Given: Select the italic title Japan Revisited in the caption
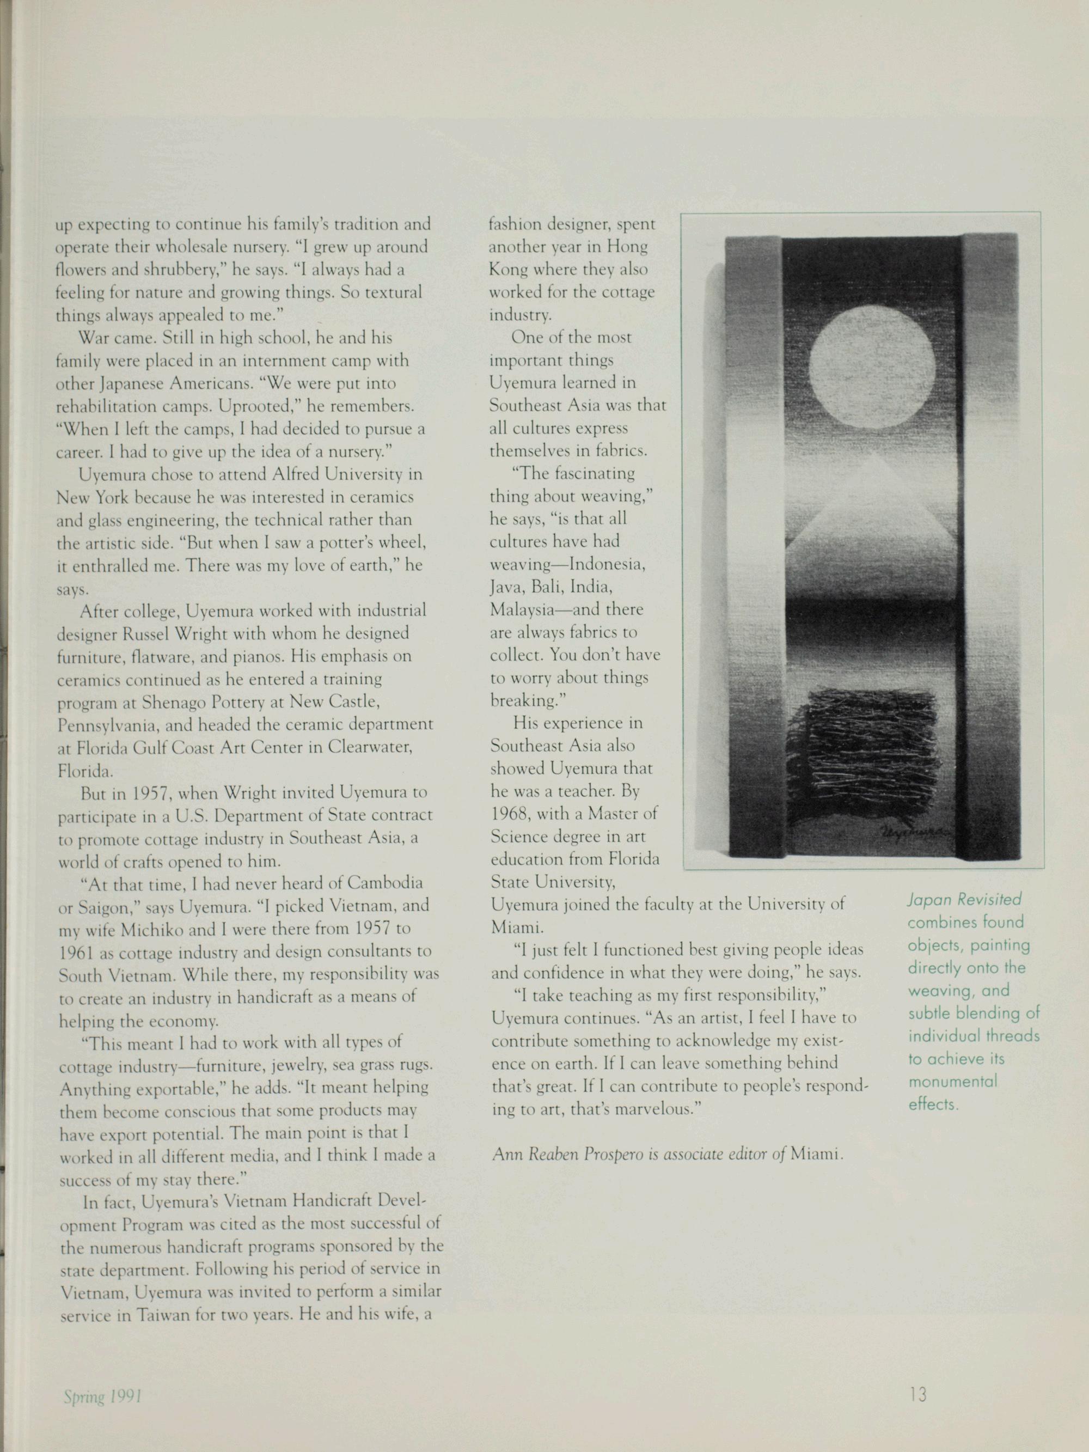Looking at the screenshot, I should (964, 899).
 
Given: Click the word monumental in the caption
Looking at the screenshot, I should (952, 1081).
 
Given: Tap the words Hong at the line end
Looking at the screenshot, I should (628, 247).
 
